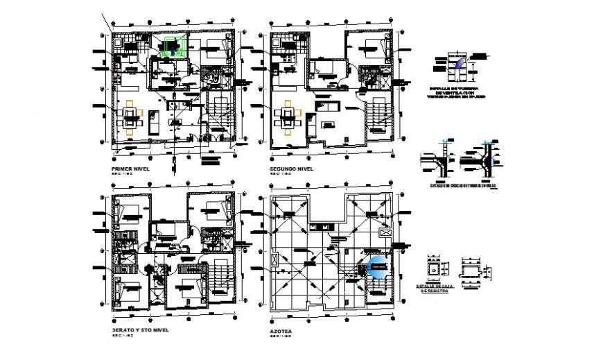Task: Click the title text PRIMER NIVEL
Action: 131,169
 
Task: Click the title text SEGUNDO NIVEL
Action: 292,169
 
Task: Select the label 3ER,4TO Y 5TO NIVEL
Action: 140,330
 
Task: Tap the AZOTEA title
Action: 281,331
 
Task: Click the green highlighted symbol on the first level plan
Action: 171,47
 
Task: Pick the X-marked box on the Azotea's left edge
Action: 277,260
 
